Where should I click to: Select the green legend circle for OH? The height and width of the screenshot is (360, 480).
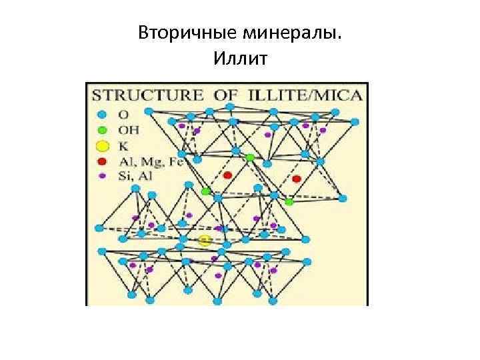(101, 129)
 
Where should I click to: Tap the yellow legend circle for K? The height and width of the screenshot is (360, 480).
(101, 145)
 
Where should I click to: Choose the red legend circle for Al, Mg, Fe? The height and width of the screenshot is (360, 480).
(101, 161)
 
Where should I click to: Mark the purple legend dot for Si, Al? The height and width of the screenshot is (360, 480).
(101, 176)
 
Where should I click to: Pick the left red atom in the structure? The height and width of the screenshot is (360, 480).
(227, 175)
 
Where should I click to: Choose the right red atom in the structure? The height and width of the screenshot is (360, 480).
(297, 179)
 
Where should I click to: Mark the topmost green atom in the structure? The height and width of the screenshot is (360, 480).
(250, 157)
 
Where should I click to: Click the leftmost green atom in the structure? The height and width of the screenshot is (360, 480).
(206, 191)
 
